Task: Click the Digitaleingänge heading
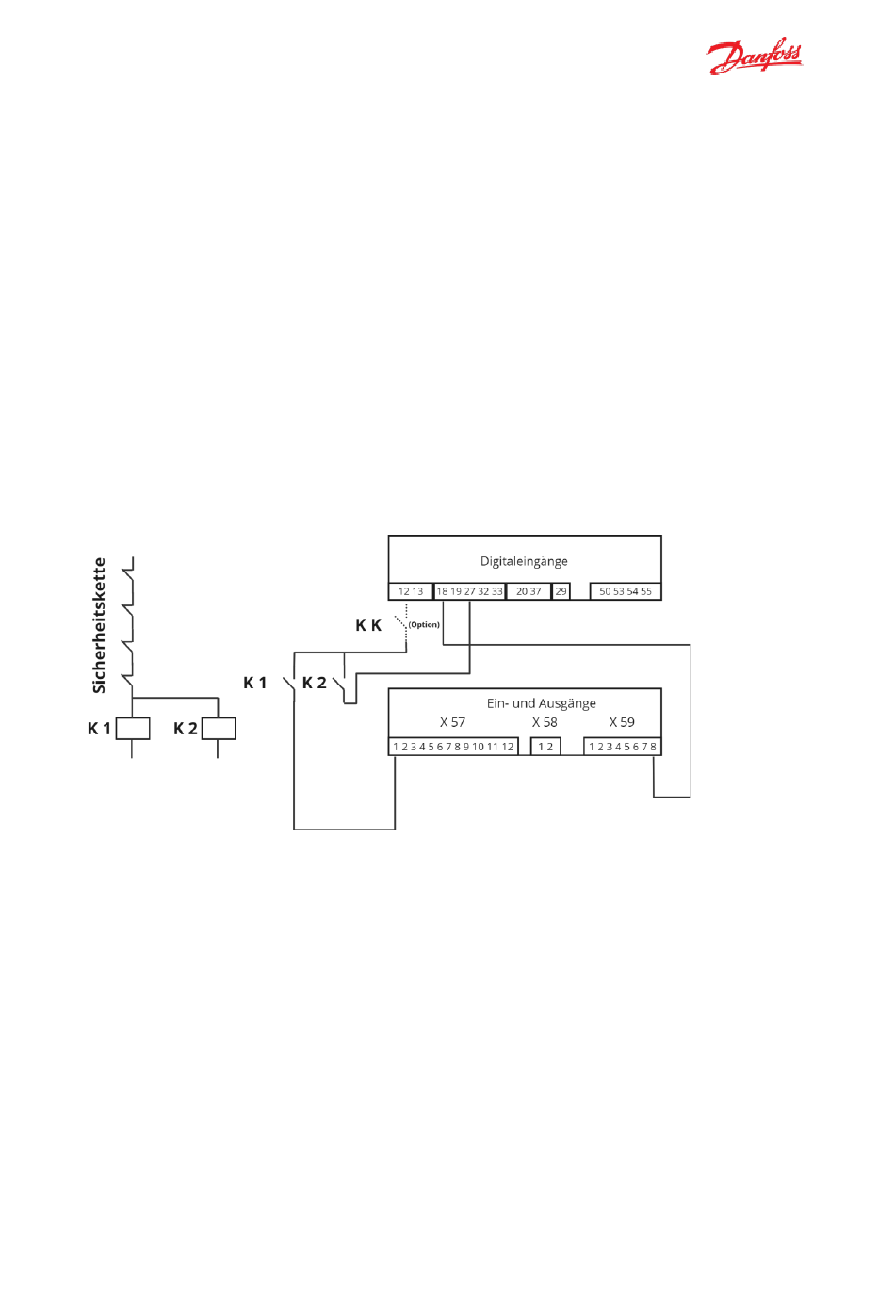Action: pyautogui.click(x=524, y=561)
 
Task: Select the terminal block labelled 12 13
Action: pyautogui.click(x=411, y=591)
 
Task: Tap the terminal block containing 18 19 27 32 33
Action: pyautogui.click(x=469, y=591)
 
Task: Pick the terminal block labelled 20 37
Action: pyautogui.click(x=529, y=591)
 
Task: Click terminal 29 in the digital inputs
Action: pyautogui.click(x=561, y=591)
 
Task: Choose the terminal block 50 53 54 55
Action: pyautogui.click(x=626, y=591)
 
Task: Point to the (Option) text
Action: pyautogui.click(x=424, y=624)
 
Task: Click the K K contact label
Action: pyautogui.click(x=368, y=625)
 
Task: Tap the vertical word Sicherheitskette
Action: pyautogui.click(x=99, y=625)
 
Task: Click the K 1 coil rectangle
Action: pyautogui.click(x=133, y=728)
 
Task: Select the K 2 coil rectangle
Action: pyautogui.click(x=219, y=728)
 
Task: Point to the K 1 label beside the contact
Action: pyautogui.click(x=255, y=683)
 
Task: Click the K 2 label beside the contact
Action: pyautogui.click(x=315, y=683)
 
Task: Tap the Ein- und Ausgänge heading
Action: pyautogui.click(x=542, y=703)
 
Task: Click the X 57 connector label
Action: pyautogui.click(x=452, y=722)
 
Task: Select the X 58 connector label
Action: pyautogui.click(x=545, y=722)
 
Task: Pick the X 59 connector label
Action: pyautogui.click(x=622, y=722)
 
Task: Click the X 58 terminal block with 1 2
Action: pyautogui.click(x=545, y=747)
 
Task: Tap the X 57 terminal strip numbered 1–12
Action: pyautogui.click(x=454, y=747)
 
